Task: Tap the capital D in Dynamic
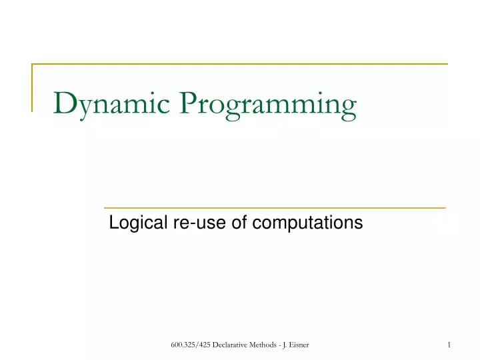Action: click(x=64, y=103)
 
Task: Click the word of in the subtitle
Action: click(x=239, y=223)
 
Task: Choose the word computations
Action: click(x=307, y=223)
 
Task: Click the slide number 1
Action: click(x=449, y=344)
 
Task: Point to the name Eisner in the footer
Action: click(x=299, y=344)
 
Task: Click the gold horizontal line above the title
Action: click(x=240, y=64)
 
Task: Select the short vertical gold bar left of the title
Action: click(x=33, y=87)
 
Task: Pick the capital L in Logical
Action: click(x=113, y=223)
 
